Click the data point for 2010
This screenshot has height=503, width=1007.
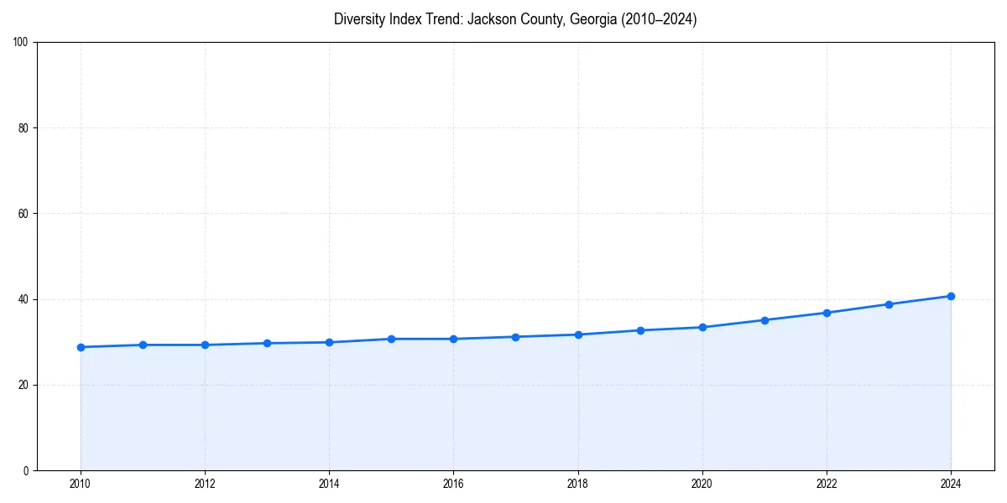point(81,347)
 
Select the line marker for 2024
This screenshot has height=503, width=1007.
point(951,296)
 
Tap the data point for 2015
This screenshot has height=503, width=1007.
point(391,339)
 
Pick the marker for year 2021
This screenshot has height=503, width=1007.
point(764,320)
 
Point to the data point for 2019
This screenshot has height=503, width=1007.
point(640,330)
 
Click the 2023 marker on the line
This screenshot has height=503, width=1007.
point(889,304)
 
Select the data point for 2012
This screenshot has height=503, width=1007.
point(205,345)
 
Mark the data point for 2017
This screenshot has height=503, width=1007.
point(515,337)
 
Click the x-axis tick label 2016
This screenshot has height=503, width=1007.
point(453,484)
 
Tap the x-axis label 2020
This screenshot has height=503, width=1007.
point(702,484)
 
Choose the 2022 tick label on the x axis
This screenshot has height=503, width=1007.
point(827,484)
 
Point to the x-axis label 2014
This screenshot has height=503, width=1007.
point(329,484)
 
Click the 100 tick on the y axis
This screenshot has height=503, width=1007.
point(22,43)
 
